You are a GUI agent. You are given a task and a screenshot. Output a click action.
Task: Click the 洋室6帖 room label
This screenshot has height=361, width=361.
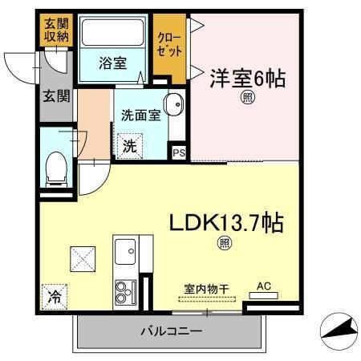click(x=248, y=79)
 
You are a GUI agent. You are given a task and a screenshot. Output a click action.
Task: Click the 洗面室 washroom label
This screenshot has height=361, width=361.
click(x=140, y=115)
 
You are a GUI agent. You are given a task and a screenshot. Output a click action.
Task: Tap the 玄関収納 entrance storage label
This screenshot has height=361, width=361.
click(x=56, y=29)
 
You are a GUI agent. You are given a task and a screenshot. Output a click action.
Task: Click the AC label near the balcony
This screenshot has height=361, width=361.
click(x=263, y=285)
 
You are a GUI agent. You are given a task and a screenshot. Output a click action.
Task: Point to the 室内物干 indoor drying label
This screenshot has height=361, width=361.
click(x=205, y=286)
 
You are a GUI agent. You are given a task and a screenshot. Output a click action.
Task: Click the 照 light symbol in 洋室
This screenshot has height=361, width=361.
click(x=248, y=99)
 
